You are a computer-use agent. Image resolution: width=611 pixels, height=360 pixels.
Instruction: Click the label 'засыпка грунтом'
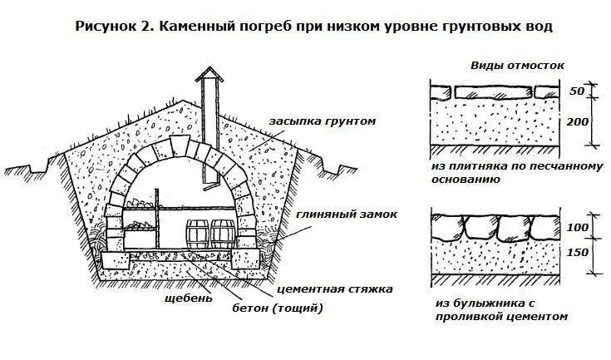[323, 121]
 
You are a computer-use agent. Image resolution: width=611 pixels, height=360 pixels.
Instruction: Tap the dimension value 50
[579, 90]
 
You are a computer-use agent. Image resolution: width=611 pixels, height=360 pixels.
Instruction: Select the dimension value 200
[579, 122]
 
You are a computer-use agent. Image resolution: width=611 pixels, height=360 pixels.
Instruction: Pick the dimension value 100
[579, 228]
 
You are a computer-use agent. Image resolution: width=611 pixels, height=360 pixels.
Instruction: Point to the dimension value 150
[579, 252]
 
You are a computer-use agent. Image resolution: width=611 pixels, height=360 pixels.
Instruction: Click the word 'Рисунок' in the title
[105, 26]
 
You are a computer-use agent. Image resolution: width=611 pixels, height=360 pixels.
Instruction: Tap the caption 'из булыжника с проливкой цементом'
[500, 309]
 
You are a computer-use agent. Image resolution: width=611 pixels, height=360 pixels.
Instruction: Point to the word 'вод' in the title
[537, 26]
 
